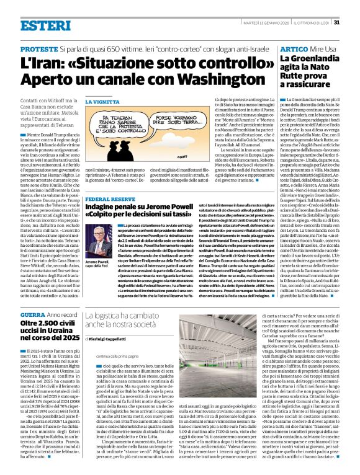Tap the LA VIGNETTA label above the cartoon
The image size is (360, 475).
click(x=99, y=102)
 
